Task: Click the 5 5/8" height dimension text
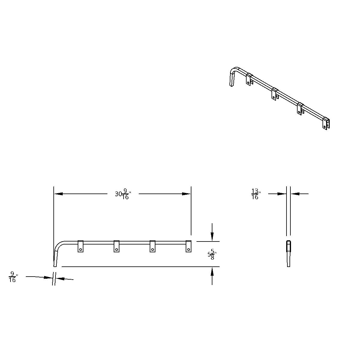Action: tap(212, 255)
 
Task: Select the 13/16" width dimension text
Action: tap(255, 194)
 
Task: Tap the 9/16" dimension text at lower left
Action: tap(13, 277)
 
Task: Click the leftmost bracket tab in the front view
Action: tap(80, 246)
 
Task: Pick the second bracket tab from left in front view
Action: tap(116, 246)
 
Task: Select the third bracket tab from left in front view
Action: tap(152, 246)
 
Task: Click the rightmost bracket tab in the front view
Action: tap(188, 246)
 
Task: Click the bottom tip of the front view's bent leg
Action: tap(55, 265)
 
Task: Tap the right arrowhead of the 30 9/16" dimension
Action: tap(187, 194)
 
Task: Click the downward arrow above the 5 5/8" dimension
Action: tap(212, 237)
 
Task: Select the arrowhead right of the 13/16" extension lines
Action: tap(295, 194)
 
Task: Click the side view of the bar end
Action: tap(289, 253)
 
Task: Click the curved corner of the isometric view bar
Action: tap(234, 70)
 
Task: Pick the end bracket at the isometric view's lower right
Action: tap(326, 124)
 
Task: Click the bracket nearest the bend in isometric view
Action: tap(249, 79)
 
